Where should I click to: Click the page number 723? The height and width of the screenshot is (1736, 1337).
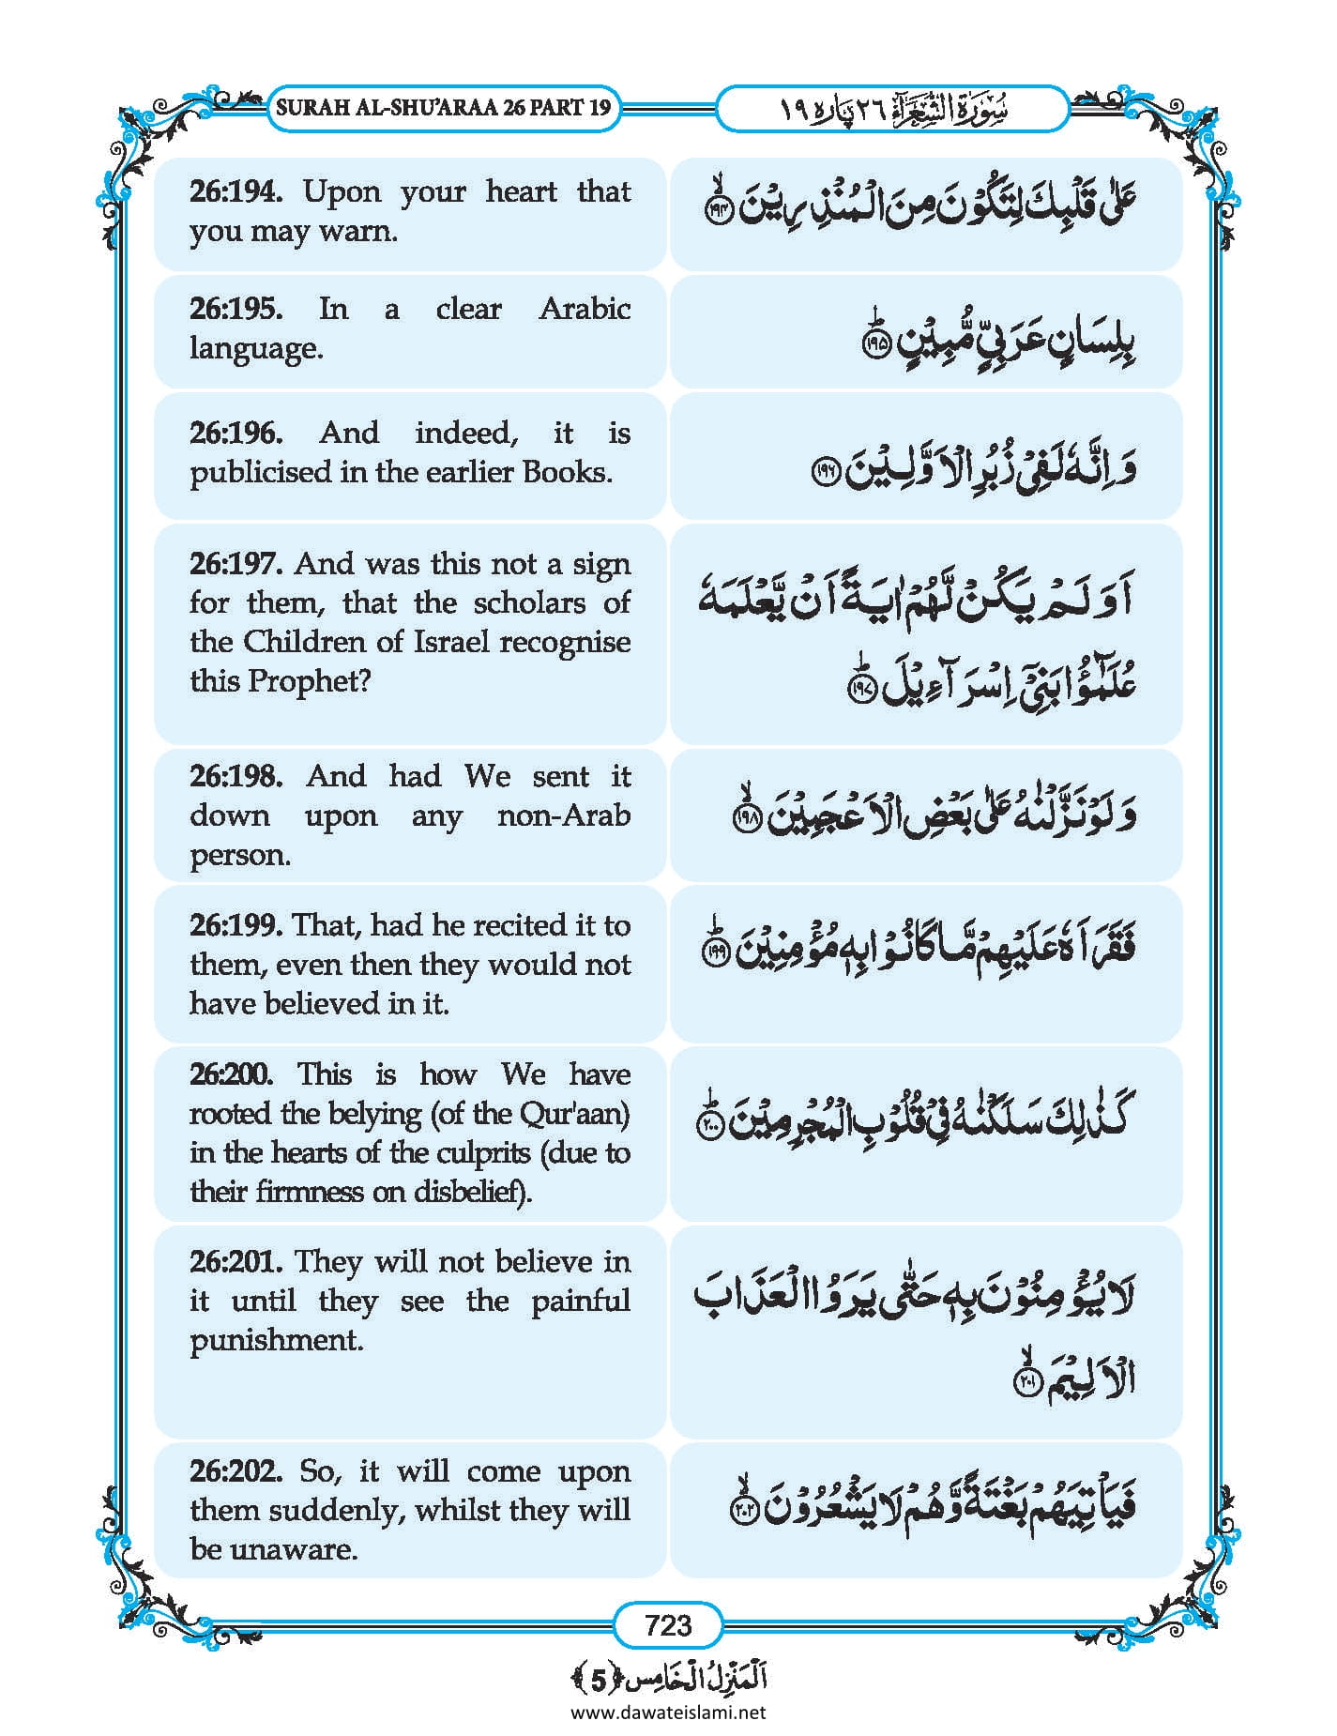[x=668, y=1624]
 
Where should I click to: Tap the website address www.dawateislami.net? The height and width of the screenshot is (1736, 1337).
[x=668, y=1712]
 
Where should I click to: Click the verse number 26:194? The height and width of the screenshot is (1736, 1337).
[x=235, y=191]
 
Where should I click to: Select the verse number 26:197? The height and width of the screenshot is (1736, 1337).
[x=235, y=564]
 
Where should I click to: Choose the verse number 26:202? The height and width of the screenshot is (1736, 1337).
[x=235, y=1470]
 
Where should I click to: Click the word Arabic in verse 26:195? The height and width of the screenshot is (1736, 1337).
[x=584, y=309]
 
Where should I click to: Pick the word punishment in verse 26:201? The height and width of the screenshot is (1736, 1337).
[x=276, y=1340]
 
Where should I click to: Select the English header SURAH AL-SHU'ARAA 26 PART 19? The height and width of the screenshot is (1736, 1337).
[x=443, y=108]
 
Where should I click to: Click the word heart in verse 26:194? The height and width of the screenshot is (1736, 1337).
[x=521, y=191]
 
